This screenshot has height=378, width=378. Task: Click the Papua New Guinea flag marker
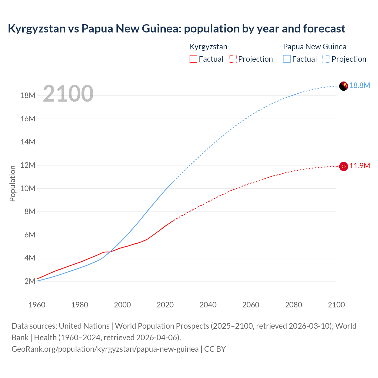point(343,86)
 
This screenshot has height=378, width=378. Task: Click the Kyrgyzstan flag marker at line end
point(343,167)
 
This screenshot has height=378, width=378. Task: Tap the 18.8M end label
point(360,86)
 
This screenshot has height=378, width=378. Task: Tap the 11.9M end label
point(360,166)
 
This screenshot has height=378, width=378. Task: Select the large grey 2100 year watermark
point(68,94)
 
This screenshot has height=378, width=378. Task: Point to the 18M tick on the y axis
point(28,96)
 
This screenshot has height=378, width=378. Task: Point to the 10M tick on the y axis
point(28,188)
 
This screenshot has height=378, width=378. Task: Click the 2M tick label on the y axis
point(30,281)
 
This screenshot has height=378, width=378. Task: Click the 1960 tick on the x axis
point(37,305)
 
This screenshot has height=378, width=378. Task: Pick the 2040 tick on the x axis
point(208,305)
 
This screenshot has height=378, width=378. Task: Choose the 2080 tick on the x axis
point(294,305)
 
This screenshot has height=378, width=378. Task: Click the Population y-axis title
point(12,183)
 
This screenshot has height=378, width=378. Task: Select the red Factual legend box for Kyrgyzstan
point(193,59)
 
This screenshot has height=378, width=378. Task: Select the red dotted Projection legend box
point(233,59)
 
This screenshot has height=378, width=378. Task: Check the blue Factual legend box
point(287,59)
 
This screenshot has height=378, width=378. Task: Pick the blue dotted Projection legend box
point(326,59)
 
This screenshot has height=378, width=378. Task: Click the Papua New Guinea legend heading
point(315,47)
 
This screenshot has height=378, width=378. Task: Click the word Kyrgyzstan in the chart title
point(37,29)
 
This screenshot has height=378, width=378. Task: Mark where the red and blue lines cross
point(110,252)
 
